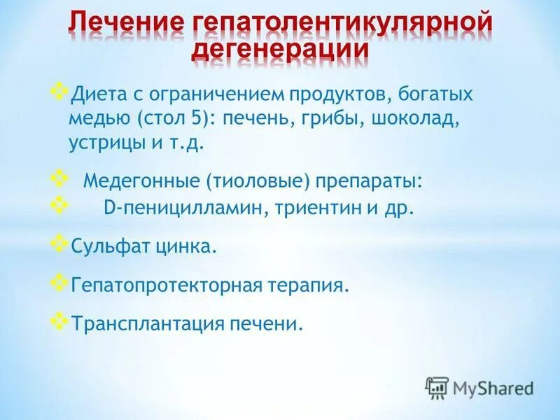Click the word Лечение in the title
point(118,22)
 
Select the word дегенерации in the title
point(280,50)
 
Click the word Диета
point(94,94)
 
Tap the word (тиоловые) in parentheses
point(257,181)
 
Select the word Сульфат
point(104,247)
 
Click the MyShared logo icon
point(437,387)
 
